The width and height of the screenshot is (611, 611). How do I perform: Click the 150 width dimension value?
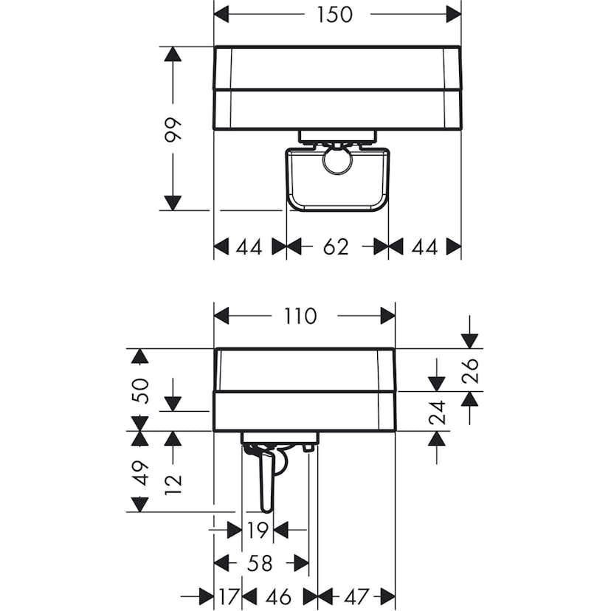click(x=336, y=14)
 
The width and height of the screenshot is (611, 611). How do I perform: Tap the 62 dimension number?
click(x=336, y=247)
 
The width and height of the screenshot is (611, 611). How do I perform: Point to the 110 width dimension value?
click(x=300, y=316)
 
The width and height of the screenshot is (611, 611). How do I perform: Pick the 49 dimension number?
click(x=140, y=472)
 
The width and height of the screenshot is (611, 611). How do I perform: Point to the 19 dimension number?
click(x=258, y=529)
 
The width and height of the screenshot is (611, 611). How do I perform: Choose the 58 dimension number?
click(x=260, y=564)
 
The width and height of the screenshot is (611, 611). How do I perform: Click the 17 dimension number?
click(x=228, y=596)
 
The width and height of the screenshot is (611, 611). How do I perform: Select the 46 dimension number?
click(x=279, y=596)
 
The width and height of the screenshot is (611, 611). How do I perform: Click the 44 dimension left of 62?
click(x=249, y=247)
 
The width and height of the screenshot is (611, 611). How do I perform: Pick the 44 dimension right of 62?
click(x=424, y=247)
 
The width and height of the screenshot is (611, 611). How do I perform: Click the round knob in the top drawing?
click(x=336, y=159)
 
